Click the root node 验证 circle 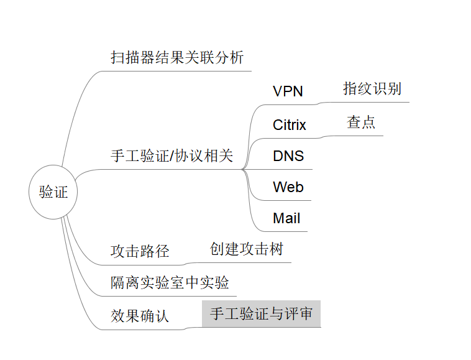53,192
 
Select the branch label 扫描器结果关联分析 177,58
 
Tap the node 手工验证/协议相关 171,156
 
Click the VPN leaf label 288,91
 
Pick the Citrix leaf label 290,125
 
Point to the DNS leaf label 288,156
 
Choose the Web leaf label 288,187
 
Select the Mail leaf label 286,218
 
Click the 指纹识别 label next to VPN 372,88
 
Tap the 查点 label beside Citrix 361,122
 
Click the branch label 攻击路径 140,252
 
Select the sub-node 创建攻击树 247,249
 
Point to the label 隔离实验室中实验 170,283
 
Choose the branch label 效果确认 140,316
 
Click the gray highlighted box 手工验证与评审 261,314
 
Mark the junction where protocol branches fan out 243,168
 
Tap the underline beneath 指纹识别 373,102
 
